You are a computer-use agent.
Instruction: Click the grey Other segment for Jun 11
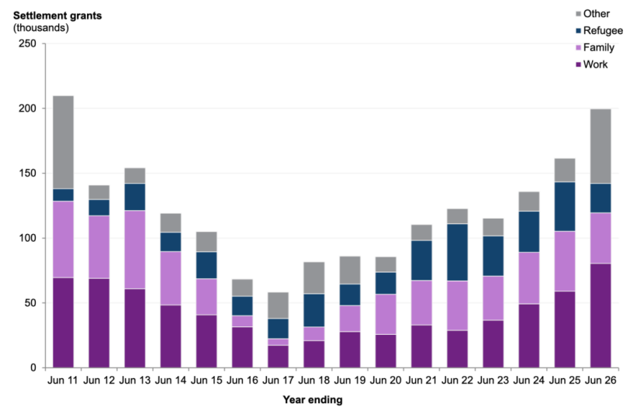64,143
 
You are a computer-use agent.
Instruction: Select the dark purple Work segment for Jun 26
601,315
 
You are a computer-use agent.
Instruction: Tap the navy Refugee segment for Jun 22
457,253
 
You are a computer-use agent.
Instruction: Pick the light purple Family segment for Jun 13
135,250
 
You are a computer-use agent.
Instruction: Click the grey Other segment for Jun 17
278,305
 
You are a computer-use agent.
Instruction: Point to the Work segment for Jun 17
278,357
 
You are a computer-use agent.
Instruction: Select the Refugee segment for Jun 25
565,207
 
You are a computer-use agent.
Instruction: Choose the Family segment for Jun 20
386,315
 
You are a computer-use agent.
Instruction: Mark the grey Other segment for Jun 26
601,146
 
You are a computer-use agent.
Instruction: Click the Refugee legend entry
599,31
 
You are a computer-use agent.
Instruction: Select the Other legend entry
593,14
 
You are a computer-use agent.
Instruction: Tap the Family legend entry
595,47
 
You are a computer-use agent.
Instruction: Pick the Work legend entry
591,64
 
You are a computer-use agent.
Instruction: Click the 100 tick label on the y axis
27,238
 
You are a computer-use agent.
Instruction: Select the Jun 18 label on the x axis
313,381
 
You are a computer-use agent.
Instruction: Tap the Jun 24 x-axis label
529,381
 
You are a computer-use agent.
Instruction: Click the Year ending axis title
313,400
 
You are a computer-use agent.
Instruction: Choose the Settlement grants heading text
57,16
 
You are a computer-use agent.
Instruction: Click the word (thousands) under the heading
41,28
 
